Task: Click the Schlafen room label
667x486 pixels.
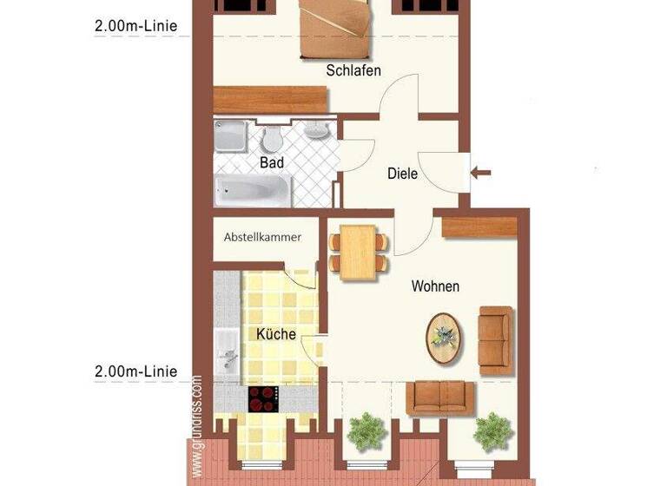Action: [x=353, y=70]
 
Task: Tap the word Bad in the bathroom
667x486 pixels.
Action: [x=272, y=162]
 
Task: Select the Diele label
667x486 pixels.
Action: [x=402, y=174]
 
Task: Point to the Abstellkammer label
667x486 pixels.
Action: [x=262, y=237]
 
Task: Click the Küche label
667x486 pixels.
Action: [x=276, y=333]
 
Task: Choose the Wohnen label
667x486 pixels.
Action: [x=435, y=286]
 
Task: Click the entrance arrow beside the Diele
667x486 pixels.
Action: [x=480, y=174]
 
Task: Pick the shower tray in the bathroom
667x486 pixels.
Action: [x=231, y=136]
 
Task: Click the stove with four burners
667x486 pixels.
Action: [x=264, y=398]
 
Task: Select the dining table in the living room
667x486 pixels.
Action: [x=358, y=253]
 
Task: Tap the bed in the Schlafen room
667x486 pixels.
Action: [x=334, y=26]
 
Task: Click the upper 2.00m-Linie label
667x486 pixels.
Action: [x=136, y=25]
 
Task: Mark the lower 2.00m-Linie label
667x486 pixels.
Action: [x=136, y=371]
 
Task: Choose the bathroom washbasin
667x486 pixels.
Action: [x=316, y=131]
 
